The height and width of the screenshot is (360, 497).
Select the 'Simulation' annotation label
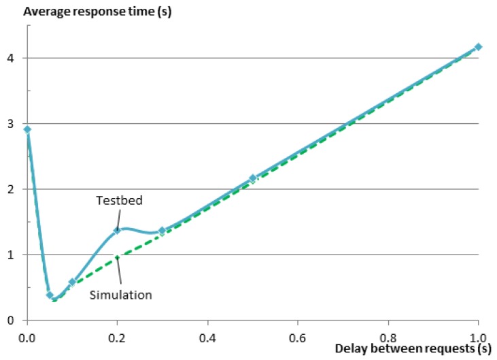(x=121, y=295)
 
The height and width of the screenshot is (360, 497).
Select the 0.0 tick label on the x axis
(x=27, y=336)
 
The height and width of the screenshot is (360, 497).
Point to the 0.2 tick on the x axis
(x=118, y=336)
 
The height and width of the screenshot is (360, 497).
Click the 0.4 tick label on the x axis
(x=207, y=336)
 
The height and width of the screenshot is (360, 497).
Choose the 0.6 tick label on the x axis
(x=298, y=336)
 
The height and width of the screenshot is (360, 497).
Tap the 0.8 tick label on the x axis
(x=388, y=336)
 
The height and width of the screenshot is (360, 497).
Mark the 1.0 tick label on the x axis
(x=478, y=336)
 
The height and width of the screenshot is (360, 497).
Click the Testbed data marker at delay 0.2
(x=117, y=230)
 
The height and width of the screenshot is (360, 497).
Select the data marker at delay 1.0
(x=478, y=47)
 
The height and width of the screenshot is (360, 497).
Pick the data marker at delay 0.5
(x=252, y=178)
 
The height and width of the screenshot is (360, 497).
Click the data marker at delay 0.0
(x=27, y=129)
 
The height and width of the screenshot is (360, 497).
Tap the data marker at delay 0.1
(x=72, y=282)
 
